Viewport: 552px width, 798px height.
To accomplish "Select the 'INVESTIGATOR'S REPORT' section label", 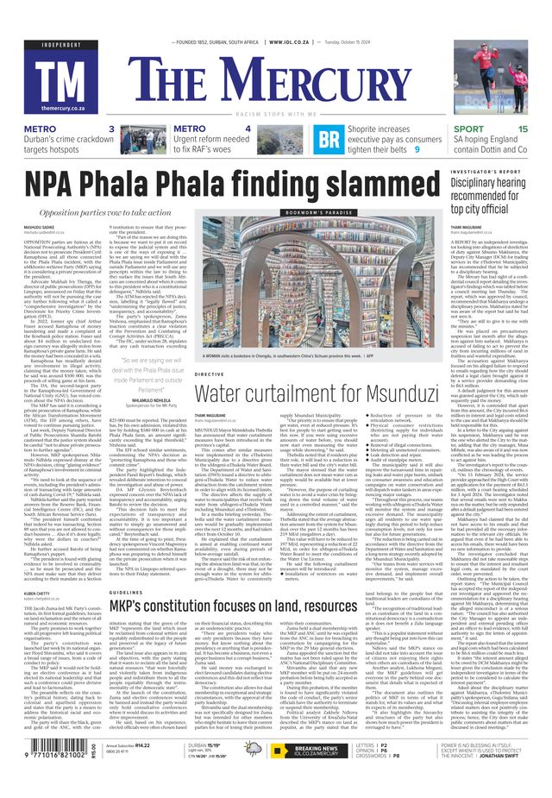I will (x=499, y=173).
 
